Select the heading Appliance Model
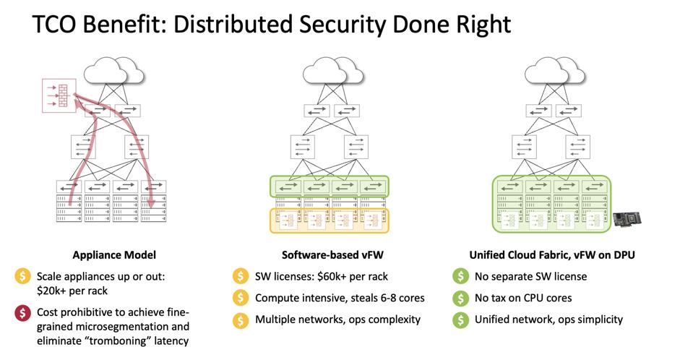point(114,255)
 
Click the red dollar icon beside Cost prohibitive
point(23,313)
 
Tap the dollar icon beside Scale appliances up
point(23,276)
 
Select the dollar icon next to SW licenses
point(239,276)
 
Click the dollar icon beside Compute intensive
point(239,298)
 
